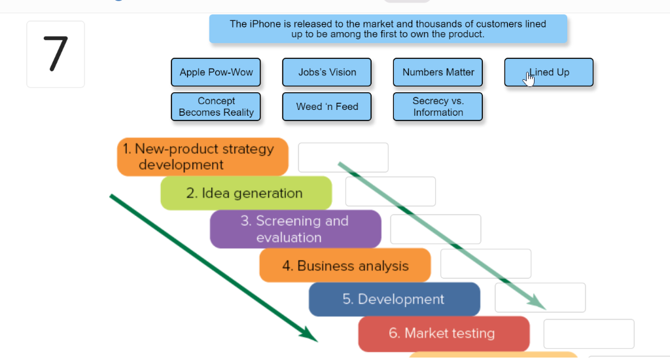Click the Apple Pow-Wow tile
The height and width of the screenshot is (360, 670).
[x=216, y=73]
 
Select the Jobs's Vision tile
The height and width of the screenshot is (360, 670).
[x=327, y=73]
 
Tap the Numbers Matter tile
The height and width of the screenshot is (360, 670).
[x=438, y=73]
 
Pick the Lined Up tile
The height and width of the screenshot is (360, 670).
[x=549, y=73]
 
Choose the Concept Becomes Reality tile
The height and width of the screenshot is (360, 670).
[x=216, y=107]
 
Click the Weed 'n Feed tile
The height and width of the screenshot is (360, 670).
[x=327, y=107]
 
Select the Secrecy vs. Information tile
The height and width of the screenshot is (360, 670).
[x=438, y=107]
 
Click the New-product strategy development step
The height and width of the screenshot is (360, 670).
[x=203, y=157]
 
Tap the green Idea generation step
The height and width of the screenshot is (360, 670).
[x=246, y=193]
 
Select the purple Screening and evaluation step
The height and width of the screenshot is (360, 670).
[x=295, y=229]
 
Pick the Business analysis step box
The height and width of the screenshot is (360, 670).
[x=345, y=266]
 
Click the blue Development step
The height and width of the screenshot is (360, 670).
[x=394, y=299]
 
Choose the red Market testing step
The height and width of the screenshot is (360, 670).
[x=443, y=334]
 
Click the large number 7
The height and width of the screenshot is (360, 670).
[x=56, y=54]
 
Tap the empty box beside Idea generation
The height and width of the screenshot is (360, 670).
[x=391, y=192]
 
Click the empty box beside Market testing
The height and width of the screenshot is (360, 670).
[x=589, y=334]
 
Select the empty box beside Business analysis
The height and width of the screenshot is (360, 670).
[x=485, y=264]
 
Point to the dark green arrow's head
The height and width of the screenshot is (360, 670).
[x=310, y=336]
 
